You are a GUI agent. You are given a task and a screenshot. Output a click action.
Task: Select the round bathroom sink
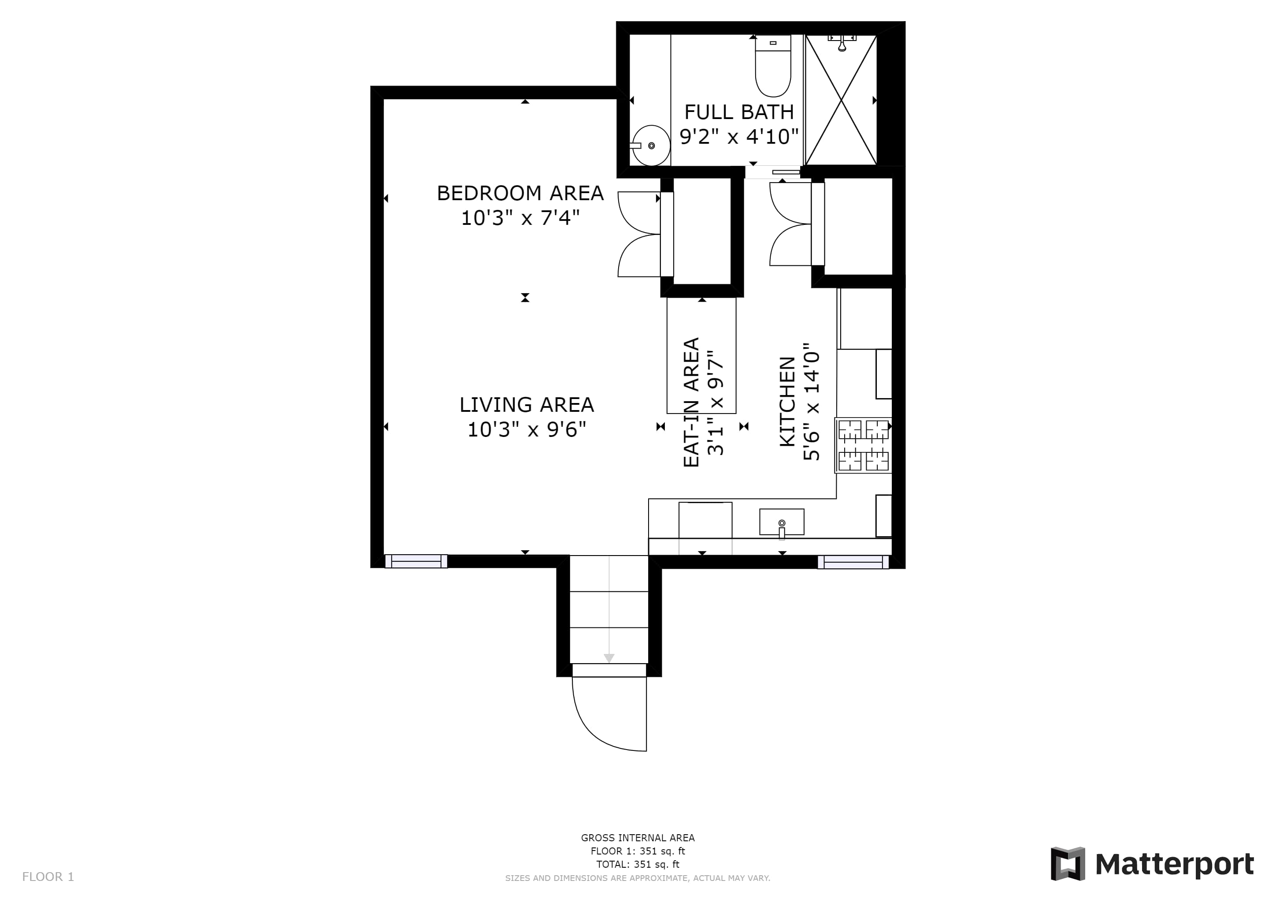(x=651, y=146)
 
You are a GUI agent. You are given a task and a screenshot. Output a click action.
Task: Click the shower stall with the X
(x=841, y=100)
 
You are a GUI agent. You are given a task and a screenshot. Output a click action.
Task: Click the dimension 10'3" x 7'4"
(x=520, y=217)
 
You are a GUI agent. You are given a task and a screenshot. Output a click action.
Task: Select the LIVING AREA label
(x=526, y=405)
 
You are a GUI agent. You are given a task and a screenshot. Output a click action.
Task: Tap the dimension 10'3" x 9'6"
(x=526, y=430)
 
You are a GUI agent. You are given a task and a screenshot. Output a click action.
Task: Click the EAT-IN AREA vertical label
(x=691, y=402)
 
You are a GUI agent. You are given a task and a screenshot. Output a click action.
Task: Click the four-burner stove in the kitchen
(x=863, y=445)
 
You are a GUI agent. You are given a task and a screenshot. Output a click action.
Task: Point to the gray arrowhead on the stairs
(x=609, y=658)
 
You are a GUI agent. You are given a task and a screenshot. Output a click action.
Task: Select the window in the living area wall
(x=416, y=561)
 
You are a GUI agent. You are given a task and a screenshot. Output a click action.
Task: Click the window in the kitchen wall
(x=853, y=562)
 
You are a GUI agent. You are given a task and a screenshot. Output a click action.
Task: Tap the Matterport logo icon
(x=1068, y=863)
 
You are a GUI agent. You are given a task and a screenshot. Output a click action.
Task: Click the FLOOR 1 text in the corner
(x=48, y=877)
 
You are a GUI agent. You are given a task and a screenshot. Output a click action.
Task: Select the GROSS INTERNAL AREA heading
(x=638, y=838)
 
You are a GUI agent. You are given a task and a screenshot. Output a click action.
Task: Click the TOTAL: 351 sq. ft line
(x=638, y=864)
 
